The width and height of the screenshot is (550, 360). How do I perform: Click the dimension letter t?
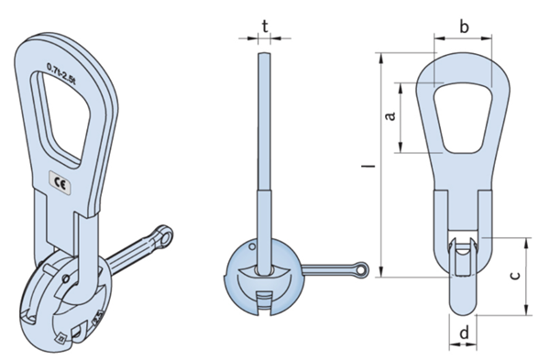264,27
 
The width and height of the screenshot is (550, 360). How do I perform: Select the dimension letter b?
464,27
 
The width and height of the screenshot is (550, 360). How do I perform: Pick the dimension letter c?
515,273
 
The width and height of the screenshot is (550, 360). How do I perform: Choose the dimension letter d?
464,333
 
